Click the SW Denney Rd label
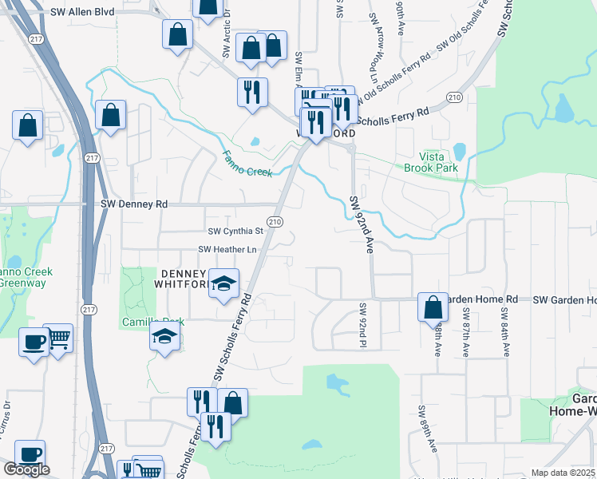(x=135, y=204)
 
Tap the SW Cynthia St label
(x=235, y=232)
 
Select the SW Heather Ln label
(x=231, y=250)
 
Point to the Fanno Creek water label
(x=247, y=163)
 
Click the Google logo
(x=26, y=469)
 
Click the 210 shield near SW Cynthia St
(x=275, y=221)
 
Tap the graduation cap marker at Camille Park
(x=164, y=337)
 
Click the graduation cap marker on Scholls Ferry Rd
(x=223, y=283)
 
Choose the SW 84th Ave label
(x=504, y=331)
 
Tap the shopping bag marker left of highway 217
(x=28, y=125)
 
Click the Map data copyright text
(x=563, y=473)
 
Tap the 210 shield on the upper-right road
(x=454, y=97)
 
